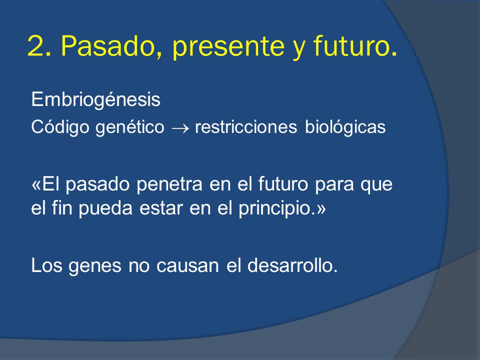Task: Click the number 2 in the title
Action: [x=36, y=46]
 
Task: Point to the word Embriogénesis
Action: [x=96, y=100]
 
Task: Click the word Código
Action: [x=60, y=126]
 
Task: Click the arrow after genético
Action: [x=180, y=128]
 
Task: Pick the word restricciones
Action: [x=246, y=126]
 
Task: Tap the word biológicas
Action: [x=345, y=126]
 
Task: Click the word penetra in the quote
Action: [x=169, y=184]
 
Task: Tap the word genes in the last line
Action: [x=95, y=266]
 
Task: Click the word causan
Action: [x=187, y=265]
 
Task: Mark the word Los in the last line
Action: [x=46, y=265]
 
